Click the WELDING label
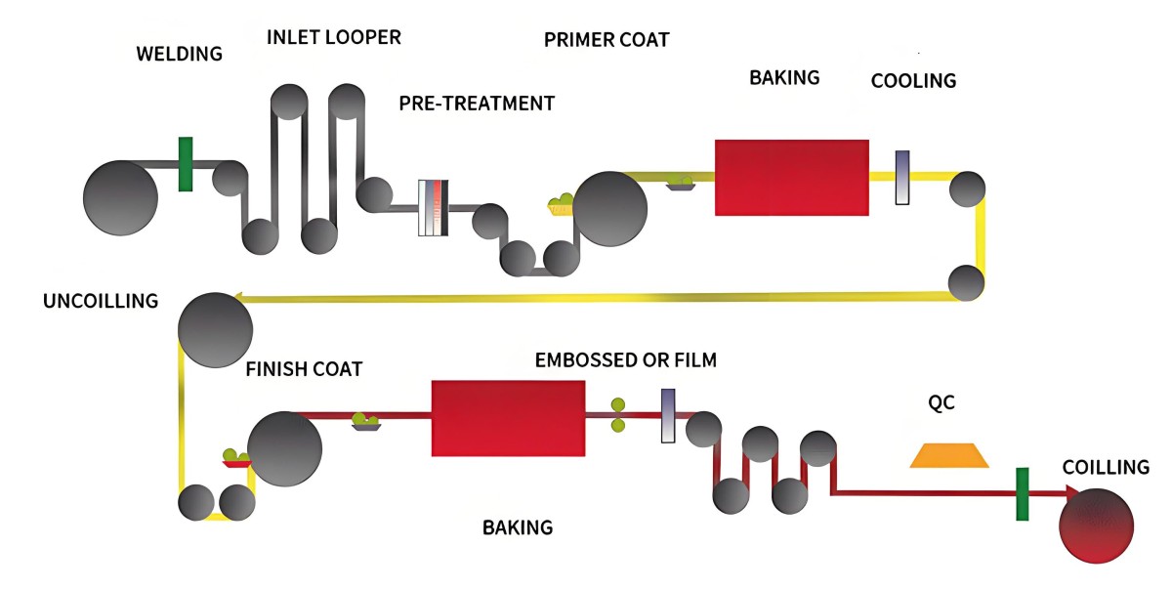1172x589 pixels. point(179,53)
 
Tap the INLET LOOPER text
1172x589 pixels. point(334,38)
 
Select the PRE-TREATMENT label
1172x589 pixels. point(477,103)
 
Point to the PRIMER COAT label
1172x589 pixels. point(607,40)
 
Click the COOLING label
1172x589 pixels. point(913,81)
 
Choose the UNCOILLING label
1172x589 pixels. point(101,301)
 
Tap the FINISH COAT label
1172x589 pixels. point(304,369)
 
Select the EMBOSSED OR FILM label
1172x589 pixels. point(626,360)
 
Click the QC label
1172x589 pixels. point(941,403)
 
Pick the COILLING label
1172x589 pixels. point(1106,468)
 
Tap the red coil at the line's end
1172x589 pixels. point(1097,526)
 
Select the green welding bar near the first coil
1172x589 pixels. point(186,164)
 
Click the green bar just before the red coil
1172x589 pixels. point(1023,493)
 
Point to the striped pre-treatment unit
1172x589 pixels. point(433,207)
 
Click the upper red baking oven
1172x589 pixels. point(791,177)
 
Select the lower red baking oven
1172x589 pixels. point(508,418)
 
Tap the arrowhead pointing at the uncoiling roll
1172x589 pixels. point(236,297)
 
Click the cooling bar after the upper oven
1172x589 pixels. point(902,177)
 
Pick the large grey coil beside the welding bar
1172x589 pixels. point(120,198)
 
